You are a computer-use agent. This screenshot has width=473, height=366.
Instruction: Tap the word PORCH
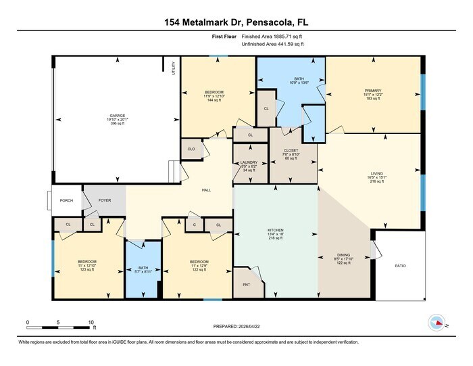click(x=66, y=200)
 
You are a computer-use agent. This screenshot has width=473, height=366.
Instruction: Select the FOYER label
click(x=105, y=200)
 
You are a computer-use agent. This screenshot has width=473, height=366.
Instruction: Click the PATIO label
click(x=401, y=266)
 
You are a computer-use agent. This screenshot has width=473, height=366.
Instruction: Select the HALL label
click(x=207, y=190)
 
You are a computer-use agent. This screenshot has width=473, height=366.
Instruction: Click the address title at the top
click(x=236, y=22)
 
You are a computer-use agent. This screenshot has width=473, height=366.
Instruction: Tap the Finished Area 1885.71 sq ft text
click(x=272, y=37)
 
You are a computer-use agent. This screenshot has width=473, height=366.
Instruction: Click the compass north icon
click(x=439, y=323)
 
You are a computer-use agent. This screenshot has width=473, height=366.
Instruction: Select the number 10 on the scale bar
click(x=91, y=322)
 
